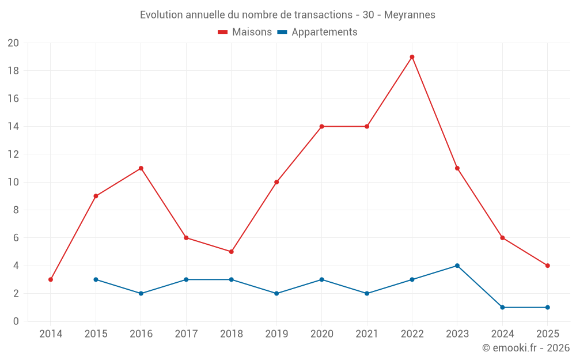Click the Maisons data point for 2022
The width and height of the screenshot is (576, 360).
[412, 57]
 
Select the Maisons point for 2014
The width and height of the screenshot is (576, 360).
[51, 279]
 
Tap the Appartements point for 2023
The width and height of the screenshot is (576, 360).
[457, 266]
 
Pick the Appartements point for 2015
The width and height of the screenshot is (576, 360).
[96, 279]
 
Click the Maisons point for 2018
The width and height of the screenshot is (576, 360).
[231, 252]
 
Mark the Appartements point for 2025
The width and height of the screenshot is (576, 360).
[547, 307]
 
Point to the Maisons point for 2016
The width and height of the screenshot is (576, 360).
[141, 168]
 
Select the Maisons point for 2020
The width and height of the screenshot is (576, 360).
[321, 126]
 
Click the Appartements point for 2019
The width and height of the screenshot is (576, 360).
[276, 293]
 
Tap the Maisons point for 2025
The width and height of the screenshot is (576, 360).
[547, 266]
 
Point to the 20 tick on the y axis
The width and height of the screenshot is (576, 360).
[13, 43]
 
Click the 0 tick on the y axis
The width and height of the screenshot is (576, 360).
[16, 321]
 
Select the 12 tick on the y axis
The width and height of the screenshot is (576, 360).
[13, 154]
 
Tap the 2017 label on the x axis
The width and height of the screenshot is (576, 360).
[186, 334]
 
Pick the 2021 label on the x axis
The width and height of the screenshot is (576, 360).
[367, 334]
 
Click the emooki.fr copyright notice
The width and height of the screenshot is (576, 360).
[526, 348]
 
